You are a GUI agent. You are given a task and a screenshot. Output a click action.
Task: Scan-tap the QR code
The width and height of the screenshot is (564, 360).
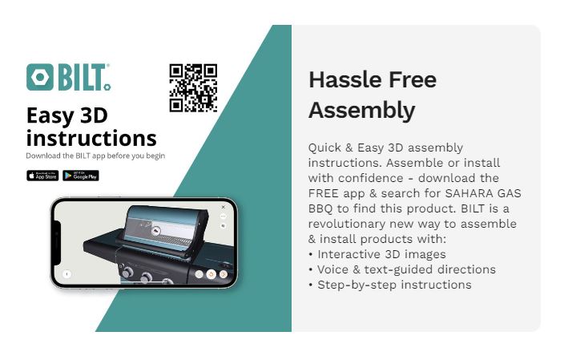[193, 87]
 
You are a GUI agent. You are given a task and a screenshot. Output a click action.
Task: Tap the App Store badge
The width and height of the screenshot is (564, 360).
[42, 176]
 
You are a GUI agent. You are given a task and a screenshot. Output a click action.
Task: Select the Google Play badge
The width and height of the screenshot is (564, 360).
[81, 176]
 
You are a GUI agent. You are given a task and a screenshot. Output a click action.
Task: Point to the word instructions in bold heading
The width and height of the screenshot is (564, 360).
[91, 137]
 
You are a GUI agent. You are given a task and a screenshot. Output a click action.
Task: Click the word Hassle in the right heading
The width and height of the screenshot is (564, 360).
[342, 80]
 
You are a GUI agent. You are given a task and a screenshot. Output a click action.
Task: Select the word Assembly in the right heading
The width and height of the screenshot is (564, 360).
[361, 110]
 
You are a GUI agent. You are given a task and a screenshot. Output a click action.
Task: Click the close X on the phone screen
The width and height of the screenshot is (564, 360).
[224, 207]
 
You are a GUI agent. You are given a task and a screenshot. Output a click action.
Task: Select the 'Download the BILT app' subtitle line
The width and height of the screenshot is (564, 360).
[95, 156]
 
